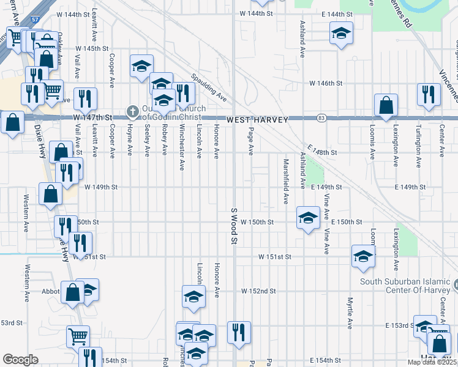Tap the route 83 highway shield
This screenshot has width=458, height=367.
321,117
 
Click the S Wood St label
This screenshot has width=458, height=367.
233,226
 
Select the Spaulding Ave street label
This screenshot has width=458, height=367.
209,89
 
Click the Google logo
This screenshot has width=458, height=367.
21,360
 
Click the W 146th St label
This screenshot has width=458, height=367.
324,83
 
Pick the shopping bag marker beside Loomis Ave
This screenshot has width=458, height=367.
386,105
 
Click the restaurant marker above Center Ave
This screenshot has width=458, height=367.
427,94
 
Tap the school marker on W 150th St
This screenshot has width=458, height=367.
308,217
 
